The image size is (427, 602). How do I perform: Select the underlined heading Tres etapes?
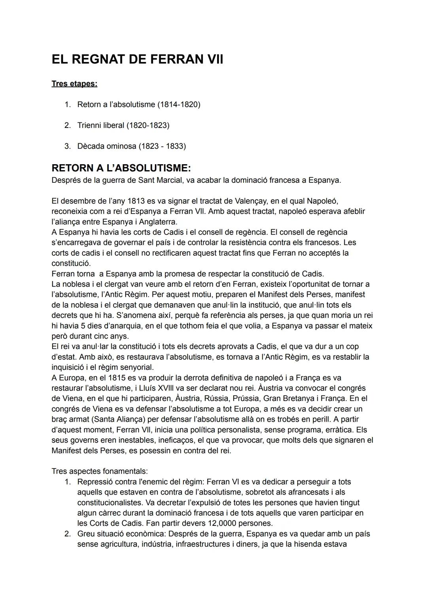(x=74, y=84)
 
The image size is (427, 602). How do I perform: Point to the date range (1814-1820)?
(x=179, y=105)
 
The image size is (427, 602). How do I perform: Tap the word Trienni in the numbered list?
(x=90, y=126)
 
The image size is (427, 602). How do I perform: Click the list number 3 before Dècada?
(x=67, y=146)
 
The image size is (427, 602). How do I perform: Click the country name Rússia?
(x=216, y=398)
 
